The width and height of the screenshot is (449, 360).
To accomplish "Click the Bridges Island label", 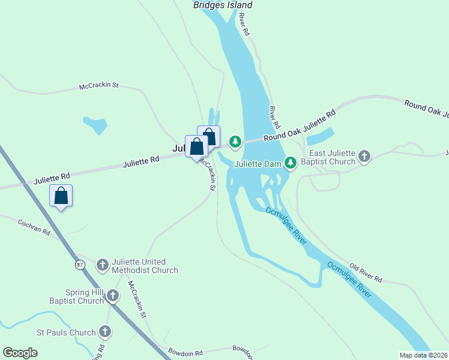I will (223, 5).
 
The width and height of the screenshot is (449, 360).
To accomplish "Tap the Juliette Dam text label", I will (258, 163).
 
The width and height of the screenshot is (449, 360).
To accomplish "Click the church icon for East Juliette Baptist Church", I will (364, 157).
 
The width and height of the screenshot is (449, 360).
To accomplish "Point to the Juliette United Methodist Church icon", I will (103, 265).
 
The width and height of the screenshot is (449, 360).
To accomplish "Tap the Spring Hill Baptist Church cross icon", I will (112, 295).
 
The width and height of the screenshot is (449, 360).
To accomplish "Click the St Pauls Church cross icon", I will (105, 331).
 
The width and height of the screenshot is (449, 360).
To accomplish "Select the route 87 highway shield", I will (80, 264).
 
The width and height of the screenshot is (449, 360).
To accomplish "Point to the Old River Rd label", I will (366, 272).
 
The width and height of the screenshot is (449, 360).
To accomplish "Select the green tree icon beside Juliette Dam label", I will (291, 163).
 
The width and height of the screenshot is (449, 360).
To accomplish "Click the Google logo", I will (20, 353).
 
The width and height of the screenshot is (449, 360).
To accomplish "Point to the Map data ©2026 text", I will (423, 355).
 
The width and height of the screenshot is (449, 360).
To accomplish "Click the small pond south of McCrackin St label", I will (95, 125).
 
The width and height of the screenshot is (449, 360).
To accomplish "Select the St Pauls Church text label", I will (66, 332).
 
